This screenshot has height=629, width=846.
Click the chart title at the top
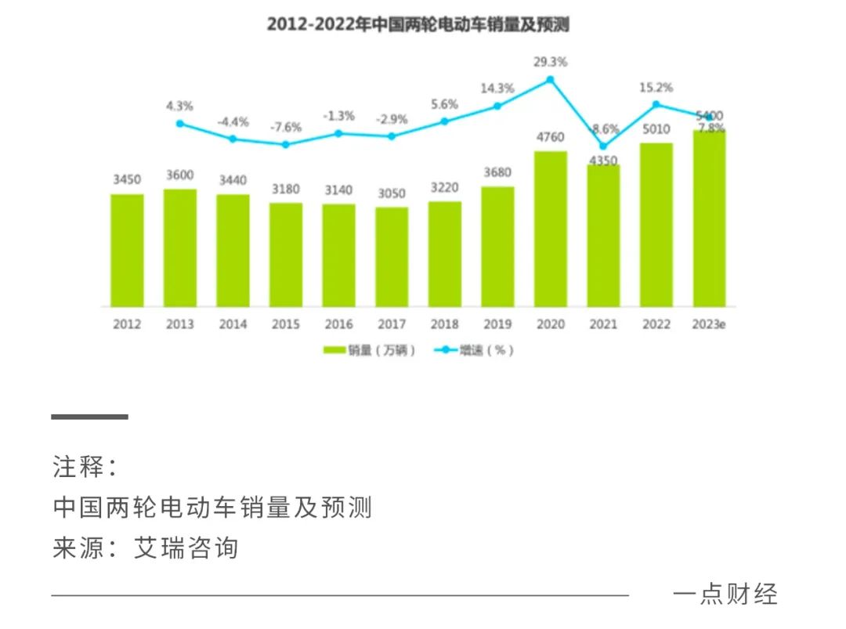418,24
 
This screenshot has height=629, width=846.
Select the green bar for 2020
551,229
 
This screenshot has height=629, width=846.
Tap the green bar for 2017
392,257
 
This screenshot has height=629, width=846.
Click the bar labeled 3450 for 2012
127,251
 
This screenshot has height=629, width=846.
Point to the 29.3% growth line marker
551,79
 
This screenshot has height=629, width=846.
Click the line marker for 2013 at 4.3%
179,123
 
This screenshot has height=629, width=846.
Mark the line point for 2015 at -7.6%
286,144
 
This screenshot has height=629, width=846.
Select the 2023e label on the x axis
709,324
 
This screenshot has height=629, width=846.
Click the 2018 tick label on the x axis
445,324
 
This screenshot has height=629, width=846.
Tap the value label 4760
551,138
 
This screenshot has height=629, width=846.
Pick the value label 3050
392,193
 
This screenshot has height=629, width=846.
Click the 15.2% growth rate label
656,87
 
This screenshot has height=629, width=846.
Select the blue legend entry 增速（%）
473,350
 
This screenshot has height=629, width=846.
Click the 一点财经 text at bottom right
725,594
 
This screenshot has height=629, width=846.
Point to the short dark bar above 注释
90,417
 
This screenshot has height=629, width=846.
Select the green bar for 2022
656,225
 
